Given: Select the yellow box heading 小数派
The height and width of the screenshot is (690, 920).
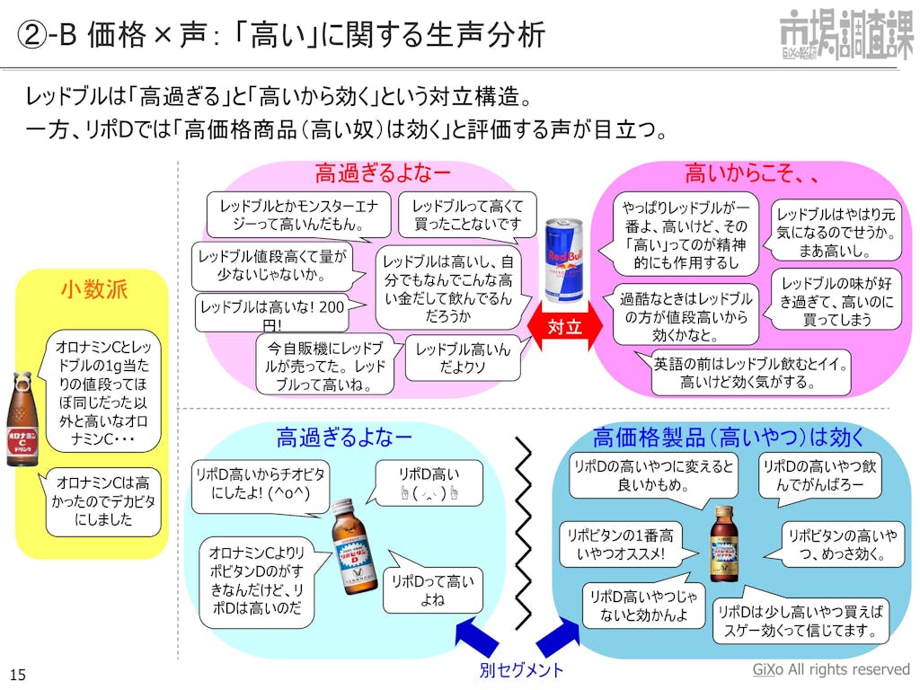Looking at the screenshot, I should (93, 289).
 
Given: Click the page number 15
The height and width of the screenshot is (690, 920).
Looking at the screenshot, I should (17, 675).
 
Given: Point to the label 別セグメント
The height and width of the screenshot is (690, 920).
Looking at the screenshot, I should (521, 670).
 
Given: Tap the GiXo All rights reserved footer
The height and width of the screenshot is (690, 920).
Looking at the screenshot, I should (830, 670).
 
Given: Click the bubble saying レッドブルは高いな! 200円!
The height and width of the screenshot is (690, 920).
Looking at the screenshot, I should (271, 314).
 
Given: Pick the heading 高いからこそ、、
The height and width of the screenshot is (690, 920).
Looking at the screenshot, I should (751, 173).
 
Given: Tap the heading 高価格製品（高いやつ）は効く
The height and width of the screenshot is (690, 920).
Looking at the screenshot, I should (729, 438).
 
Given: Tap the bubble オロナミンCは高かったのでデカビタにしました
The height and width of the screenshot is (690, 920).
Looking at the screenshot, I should (103, 500).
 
